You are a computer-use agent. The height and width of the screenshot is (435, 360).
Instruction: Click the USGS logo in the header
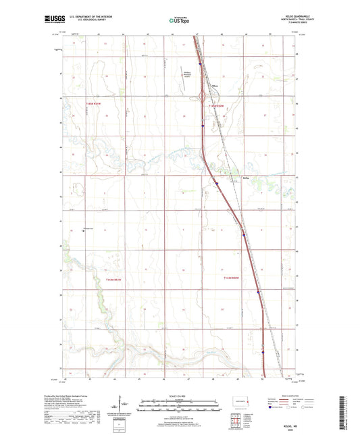(x=50, y=21)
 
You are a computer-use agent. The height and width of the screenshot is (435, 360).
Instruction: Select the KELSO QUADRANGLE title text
(x=296, y=18)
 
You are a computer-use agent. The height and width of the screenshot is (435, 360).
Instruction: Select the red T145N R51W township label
(x=93, y=103)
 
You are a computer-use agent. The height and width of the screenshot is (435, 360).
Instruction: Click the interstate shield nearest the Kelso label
(x=217, y=183)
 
